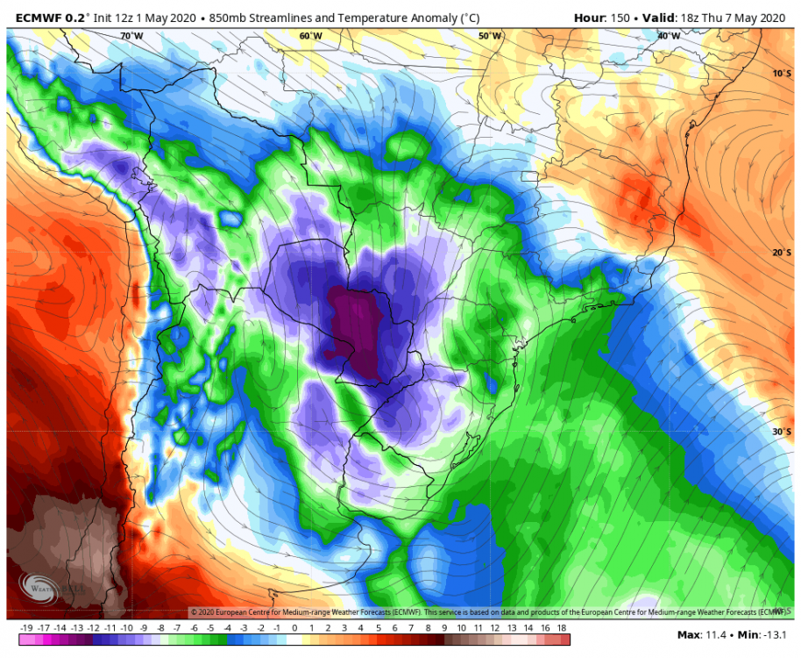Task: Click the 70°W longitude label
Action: pos(131,36)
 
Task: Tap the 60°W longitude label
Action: pos(310,36)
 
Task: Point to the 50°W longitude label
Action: pos(491,36)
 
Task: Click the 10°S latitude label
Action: pos(781,74)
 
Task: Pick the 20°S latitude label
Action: pos(781,253)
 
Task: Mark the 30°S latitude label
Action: pos(781,432)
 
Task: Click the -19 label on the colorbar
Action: pos(26,629)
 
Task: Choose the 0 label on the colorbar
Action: pos(294,629)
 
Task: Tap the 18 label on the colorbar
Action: pos(563,629)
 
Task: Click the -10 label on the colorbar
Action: pos(126,629)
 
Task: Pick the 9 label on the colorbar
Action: pos(445,629)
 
